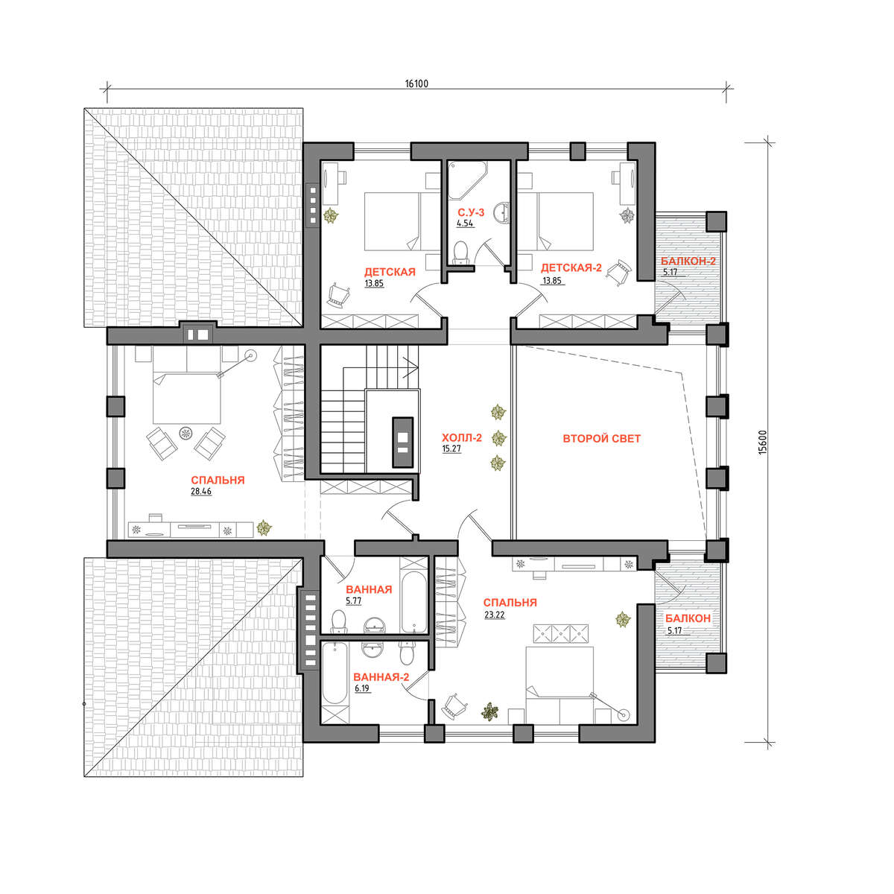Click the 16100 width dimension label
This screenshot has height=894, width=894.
(416, 84)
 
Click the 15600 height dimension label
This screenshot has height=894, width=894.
(763, 443)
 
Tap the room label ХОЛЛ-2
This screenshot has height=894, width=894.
(462, 437)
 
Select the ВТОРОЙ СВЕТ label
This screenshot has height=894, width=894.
(601, 438)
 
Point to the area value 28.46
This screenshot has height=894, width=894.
(201, 491)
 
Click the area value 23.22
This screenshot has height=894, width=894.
(494, 615)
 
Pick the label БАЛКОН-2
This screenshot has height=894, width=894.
(688, 261)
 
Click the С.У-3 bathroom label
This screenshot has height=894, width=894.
(471, 212)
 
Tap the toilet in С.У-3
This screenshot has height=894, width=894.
(460, 253)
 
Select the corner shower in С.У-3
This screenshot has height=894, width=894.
(466, 180)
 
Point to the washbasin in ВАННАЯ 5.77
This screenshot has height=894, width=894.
(374, 625)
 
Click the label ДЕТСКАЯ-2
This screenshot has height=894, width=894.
(571, 267)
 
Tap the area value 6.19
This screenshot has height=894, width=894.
(362, 688)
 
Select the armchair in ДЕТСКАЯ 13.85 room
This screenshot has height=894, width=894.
(339, 295)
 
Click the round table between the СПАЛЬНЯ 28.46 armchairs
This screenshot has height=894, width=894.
(186, 434)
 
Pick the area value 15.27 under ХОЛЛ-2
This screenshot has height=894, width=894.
(451, 448)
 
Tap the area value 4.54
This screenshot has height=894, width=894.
(465, 223)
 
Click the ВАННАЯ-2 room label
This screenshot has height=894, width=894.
(381, 677)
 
